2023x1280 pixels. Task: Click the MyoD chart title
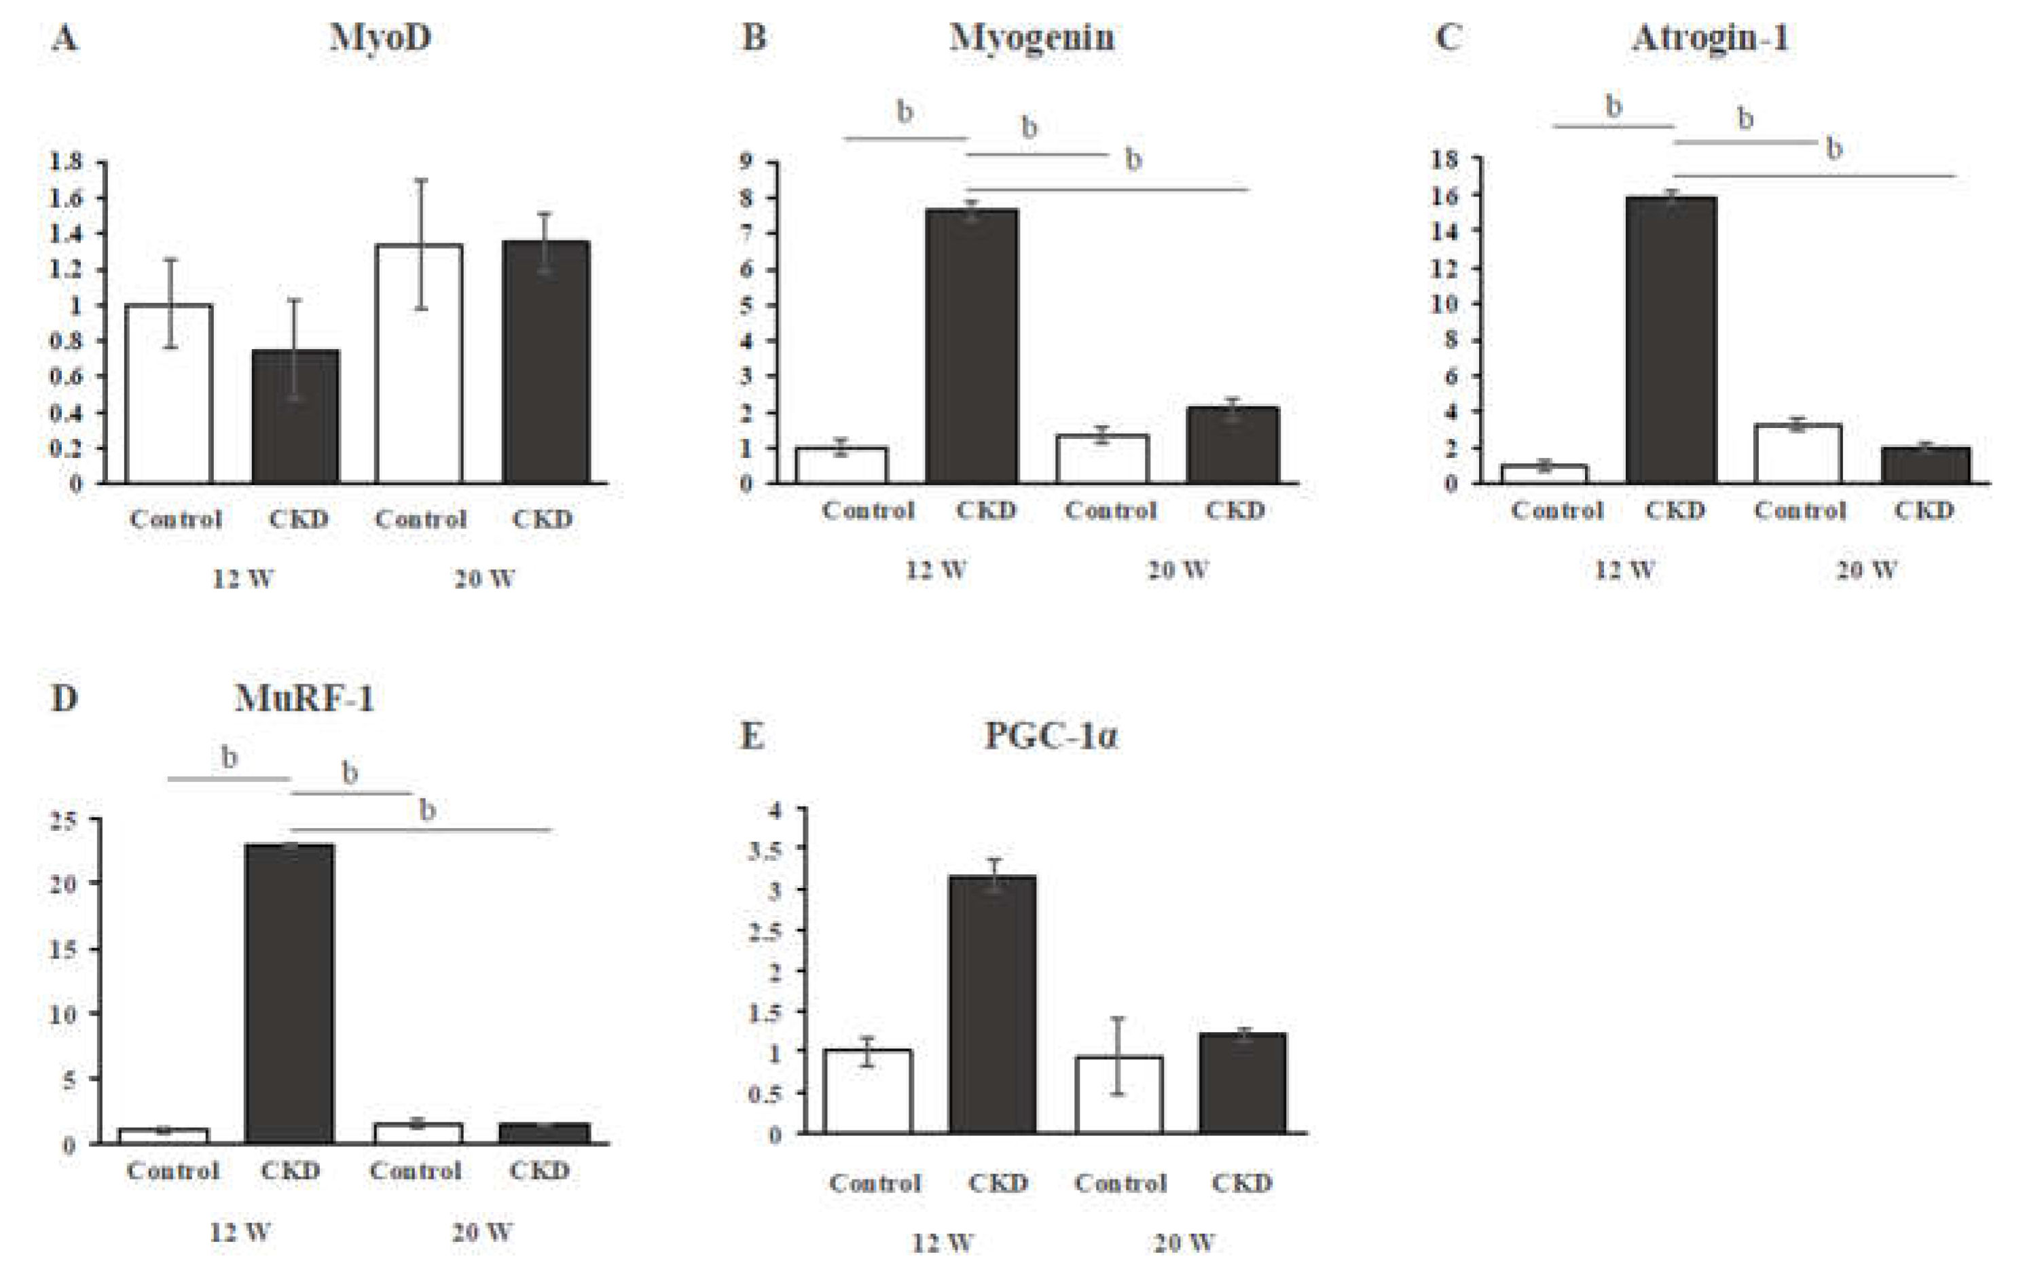[380, 38]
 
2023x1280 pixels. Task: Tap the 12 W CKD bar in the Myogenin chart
[972, 346]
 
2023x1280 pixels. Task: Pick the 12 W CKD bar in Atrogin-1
[1671, 340]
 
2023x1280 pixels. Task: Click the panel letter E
[752, 736]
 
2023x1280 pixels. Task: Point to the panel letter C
[1448, 39]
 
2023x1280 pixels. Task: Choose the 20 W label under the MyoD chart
[485, 579]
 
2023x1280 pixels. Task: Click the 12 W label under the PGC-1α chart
[943, 1242]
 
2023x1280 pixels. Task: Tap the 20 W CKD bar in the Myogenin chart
[1233, 446]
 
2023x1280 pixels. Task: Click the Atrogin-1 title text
[1711, 39]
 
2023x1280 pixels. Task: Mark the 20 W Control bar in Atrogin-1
[1798, 454]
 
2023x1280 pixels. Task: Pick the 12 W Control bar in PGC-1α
[868, 1092]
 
